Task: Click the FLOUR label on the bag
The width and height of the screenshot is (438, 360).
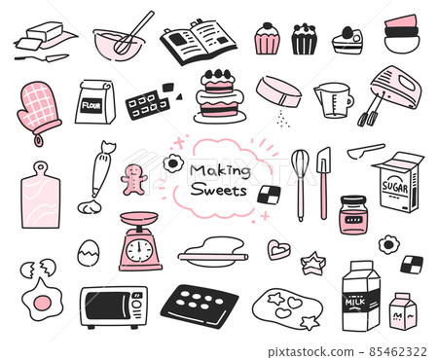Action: coord(91,106)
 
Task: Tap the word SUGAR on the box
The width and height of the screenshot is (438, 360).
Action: coord(395,187)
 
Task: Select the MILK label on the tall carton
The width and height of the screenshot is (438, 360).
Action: coord(355,302)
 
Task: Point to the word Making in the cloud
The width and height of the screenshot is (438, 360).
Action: coord(220,171)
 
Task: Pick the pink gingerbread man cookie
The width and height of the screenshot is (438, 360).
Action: coord(133,179)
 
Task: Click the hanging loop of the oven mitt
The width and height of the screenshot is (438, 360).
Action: coord(39,140)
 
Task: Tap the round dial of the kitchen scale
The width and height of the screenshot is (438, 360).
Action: coord(139,251)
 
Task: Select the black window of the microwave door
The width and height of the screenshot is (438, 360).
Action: coord(108,306)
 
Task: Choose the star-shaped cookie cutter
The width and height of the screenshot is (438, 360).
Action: coord(312,263)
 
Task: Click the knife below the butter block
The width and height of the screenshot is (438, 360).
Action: coord(41,57)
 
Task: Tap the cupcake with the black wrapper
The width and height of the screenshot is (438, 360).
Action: coord(305,39)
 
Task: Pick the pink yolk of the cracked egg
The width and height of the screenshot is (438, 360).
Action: coord(43,303)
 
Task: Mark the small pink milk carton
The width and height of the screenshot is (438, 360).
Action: coord(403,311)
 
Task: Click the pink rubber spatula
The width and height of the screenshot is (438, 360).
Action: coord(323,183)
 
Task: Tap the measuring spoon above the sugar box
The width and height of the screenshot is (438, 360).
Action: coord(366,151)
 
